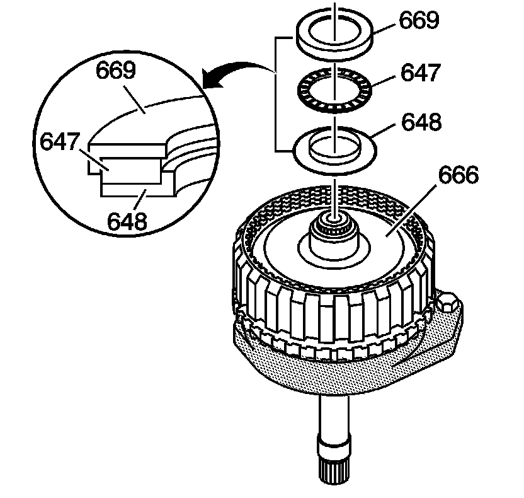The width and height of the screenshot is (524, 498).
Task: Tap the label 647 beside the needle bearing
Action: (x=420, y=73)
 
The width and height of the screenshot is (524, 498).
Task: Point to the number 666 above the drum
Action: (x=458, y=175)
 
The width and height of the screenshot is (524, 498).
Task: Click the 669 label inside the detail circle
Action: (x=116, y=69)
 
